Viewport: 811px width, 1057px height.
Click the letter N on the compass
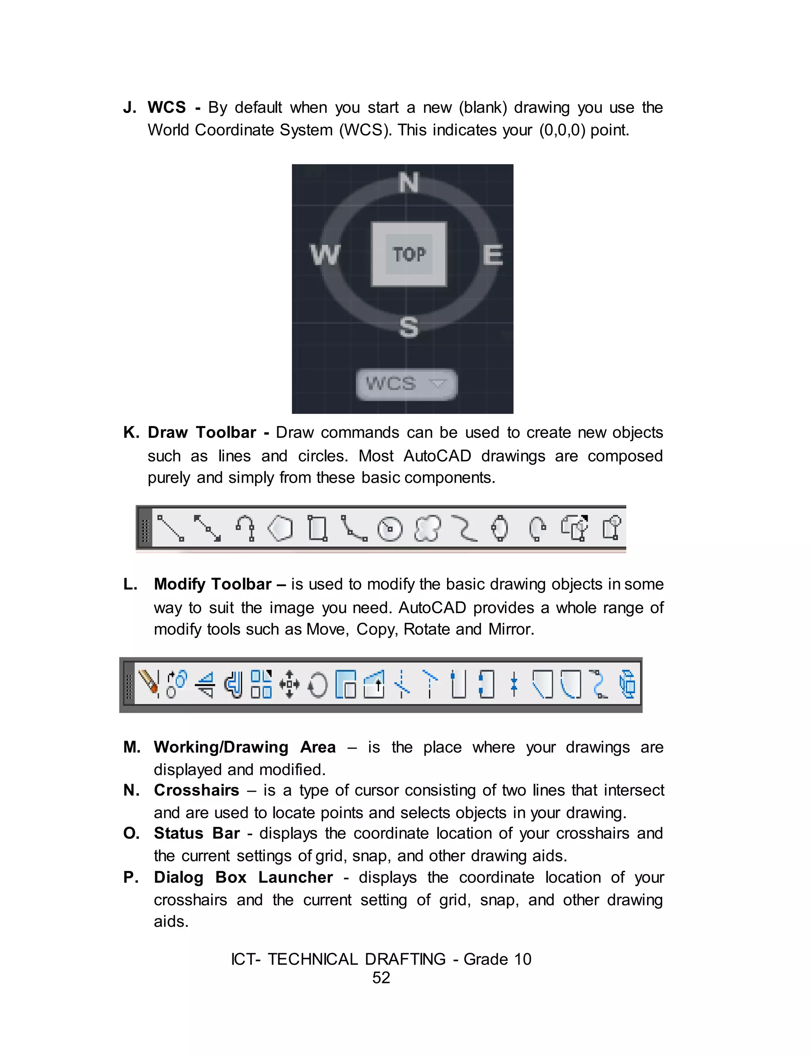(x=408, y=183)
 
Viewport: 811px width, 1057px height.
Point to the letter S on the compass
(x=408, y=327)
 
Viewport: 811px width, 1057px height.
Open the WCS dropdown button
(x=406, y=384)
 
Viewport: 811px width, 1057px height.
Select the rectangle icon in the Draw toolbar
(x=318, y=528)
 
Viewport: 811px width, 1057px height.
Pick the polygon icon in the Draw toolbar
(x=280, y=528)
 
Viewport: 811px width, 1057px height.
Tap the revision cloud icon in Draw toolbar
(x=427, y=528)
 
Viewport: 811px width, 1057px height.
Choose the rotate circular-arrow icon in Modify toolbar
(x=318, y=685)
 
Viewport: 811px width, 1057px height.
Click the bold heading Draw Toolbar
(x=202, y=432)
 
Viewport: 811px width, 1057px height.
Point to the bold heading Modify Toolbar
(x=212, y=584)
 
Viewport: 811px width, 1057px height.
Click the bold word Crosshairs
(x=196, y=790)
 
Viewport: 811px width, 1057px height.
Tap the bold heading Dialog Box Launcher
(x=243, y=877)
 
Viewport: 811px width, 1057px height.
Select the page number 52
(x=381, y=977)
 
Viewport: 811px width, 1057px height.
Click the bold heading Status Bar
(x=196, y=834)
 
